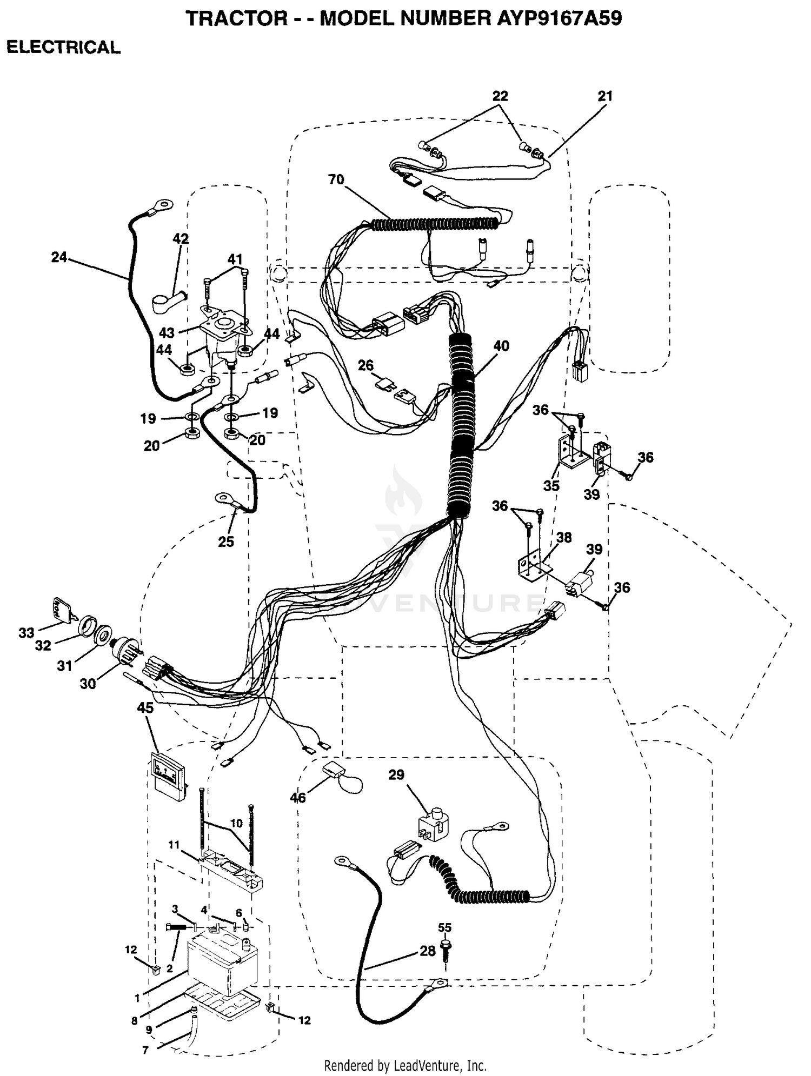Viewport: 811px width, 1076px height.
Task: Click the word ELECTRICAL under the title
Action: point(63,48)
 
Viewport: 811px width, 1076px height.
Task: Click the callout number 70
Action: point(336,179)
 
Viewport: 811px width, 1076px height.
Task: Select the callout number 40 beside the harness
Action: point(501,346)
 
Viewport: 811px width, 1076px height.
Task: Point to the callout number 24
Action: point(59,257)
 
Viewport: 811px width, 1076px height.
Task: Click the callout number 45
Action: point(145,707)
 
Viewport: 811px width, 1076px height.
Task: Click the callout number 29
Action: point(396,775)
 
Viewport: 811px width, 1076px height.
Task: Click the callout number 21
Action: point(605,96)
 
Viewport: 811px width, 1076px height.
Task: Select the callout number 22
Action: point(500,96)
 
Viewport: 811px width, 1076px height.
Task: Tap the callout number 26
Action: point(365,365)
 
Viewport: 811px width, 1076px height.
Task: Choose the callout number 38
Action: point(564,537)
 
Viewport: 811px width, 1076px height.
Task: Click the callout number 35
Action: point(551,486)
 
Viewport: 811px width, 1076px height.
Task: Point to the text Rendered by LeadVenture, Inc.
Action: point(405,1066)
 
